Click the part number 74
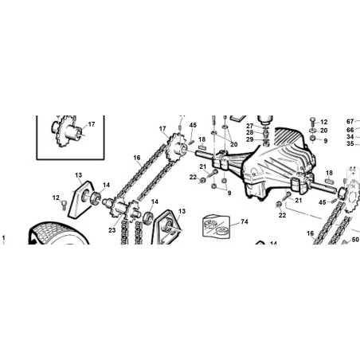click(x=245, y=221)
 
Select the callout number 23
click(x=112, y=230)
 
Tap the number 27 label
click(x=249, y=126)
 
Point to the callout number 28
click(x=249, y=132)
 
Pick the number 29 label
click(x=249, y=139)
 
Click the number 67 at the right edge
click(x=350, y=122)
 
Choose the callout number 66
click(x=350, y=130)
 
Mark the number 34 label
click(x=350, y=137)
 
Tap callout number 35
click(x=350, y=143)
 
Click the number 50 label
click(x=355, y=240)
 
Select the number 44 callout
click(x=352, y=170)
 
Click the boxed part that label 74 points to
click(x=215, y=226)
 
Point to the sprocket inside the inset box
click(x=66, y=131)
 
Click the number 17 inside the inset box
click(x=92, y=124)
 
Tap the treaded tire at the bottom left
click(x=58, y=233)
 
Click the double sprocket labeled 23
click(x=125, y=209)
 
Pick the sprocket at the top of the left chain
click(x=176, y=148)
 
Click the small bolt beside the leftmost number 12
click(x=64, y=205)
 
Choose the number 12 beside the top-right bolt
click(x=324, y=122)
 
